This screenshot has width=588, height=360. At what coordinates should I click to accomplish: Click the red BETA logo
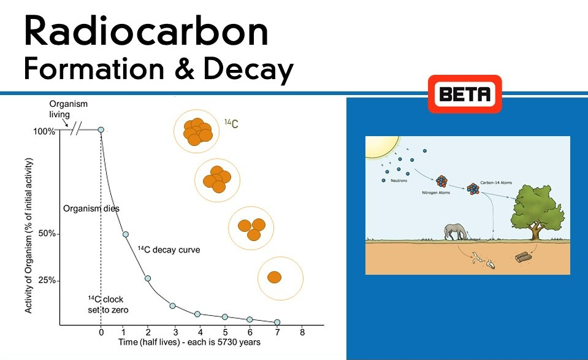(x=465, y=94)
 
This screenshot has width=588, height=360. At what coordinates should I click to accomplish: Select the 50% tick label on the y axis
(x=48, y=234)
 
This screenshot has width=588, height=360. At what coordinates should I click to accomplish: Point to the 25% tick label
(x=48, y=280)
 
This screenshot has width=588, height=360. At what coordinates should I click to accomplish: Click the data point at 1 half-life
(x=126, y=234)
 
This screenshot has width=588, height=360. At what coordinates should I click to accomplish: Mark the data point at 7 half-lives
(x=277, y=322)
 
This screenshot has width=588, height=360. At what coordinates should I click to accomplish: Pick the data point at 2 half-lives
(x=148, y=278)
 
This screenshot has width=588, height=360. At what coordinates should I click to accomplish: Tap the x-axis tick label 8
(x=302, y=333)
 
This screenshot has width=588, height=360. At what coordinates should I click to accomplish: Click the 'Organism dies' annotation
(x=91, y=209)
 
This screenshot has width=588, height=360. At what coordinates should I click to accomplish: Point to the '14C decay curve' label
(x=169, y=250)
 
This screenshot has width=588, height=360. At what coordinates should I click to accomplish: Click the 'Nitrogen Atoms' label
(x=436, y=193)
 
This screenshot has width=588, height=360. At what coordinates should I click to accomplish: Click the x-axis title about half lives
(x=189, y=342)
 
